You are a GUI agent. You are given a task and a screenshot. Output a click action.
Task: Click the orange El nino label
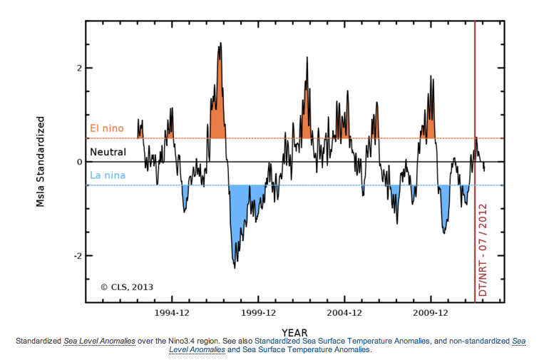107,129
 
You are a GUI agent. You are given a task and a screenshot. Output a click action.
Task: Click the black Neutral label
108,153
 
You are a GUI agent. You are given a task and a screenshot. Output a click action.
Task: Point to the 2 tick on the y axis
80,68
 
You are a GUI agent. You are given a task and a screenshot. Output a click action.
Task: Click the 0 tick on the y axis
80,162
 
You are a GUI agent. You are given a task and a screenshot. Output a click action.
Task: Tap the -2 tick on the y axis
78,256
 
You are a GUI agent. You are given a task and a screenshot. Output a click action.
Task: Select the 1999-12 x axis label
260,313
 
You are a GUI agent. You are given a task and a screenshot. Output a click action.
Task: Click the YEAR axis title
294,332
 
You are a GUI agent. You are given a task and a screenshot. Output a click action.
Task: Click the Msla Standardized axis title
41,162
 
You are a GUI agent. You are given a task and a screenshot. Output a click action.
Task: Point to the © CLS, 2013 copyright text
127,287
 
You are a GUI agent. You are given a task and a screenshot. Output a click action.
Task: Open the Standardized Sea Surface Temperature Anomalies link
342,341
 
